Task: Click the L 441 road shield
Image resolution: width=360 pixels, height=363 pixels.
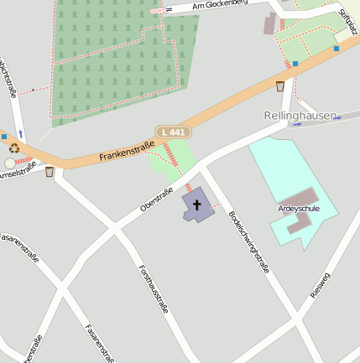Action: click(x=174, y=132)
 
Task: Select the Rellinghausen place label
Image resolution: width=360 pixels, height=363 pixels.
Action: click(x=300, y=115)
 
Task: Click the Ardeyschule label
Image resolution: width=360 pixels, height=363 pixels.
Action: click(x=299, y=207)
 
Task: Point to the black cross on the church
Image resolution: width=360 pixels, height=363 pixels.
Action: click(x=197, y=204)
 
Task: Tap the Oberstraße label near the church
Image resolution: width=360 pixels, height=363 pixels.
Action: click(x=157, y=200)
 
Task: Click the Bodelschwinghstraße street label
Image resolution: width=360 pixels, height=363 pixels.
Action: click(x=248, y=243)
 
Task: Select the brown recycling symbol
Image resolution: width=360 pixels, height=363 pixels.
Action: click(x=13, y=148)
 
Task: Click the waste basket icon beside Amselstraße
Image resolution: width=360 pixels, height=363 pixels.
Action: click(x=50, y=172)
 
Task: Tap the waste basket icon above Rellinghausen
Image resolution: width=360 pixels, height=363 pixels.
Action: click(x=279, y=86)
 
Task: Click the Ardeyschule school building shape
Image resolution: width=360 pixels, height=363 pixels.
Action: click(x=297, y=220)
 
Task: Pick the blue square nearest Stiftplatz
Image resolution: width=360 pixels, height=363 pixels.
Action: click(x=337, y=49)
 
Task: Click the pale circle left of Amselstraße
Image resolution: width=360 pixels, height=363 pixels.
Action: click(x=10, y=163)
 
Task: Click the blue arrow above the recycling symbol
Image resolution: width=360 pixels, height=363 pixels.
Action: click(x=21, y=133)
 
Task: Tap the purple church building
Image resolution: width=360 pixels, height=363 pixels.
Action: click(x=198, y=206)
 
